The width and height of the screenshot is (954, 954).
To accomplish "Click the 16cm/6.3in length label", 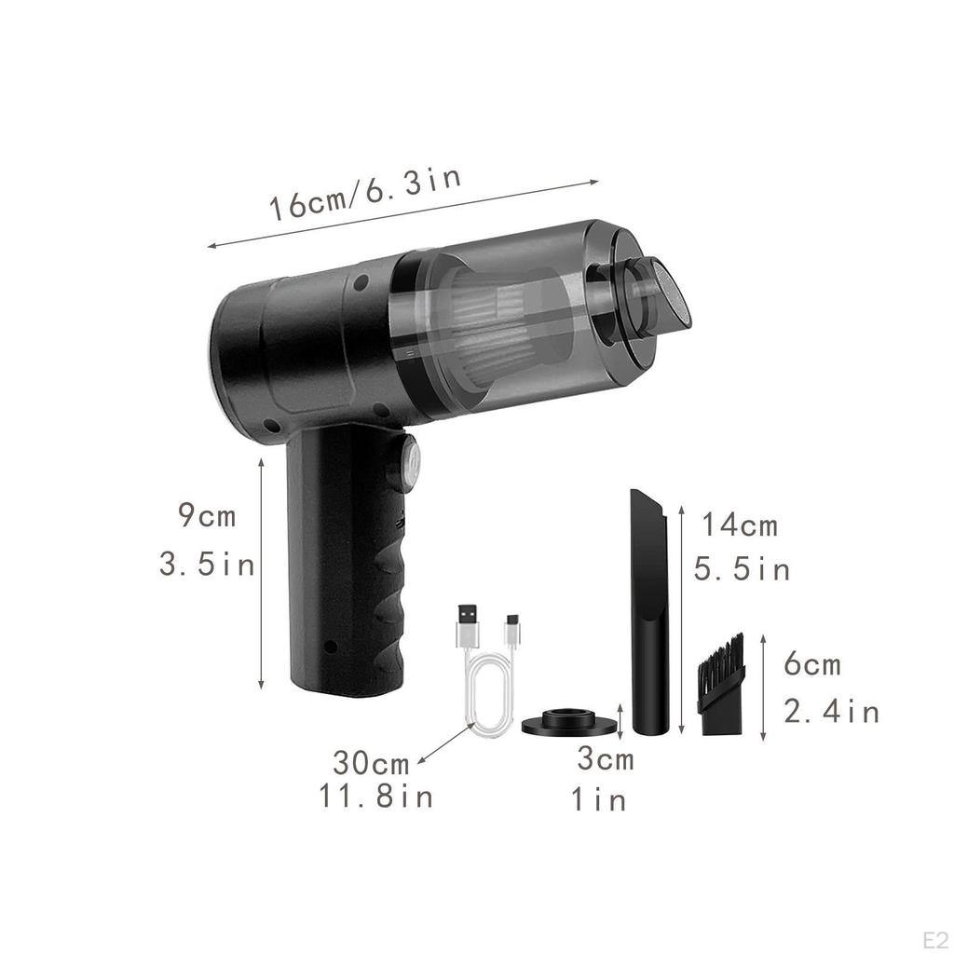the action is [365, 194].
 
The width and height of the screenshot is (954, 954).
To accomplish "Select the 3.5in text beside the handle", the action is [207, 564].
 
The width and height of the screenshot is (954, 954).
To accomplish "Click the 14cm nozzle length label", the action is [740, 525].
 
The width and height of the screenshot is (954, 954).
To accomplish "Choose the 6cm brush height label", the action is [812, 663].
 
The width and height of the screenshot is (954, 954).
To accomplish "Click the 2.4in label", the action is [831, 711].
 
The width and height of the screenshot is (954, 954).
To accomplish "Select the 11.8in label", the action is [376, 797].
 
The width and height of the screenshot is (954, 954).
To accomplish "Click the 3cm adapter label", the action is [606, 758].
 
